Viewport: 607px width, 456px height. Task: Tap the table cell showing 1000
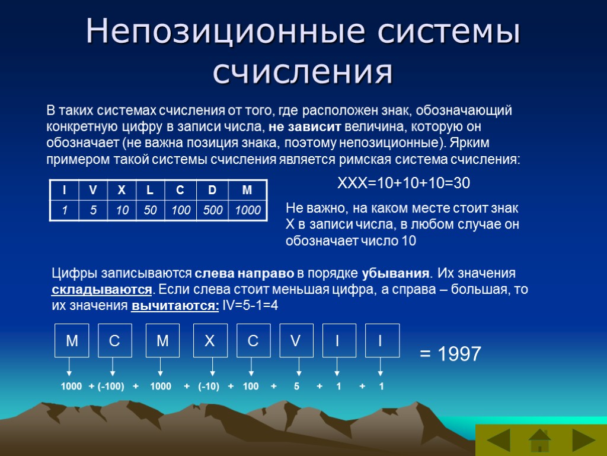click(248, 210)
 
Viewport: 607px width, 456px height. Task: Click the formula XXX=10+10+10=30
click(403, 183)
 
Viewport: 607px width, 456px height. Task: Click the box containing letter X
click(210, 340)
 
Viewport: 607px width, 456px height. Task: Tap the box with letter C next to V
click(253, 340)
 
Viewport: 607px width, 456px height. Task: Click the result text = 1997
click(450, 354)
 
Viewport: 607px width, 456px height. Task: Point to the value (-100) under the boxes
click(111, 387)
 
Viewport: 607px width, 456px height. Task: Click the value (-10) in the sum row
click(209, 387)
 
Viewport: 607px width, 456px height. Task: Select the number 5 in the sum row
click(296, 387)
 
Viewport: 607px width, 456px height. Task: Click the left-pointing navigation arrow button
click(499, 441)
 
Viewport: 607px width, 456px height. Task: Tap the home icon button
click(540, 441)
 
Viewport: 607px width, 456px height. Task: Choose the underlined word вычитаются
click(175, 306)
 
